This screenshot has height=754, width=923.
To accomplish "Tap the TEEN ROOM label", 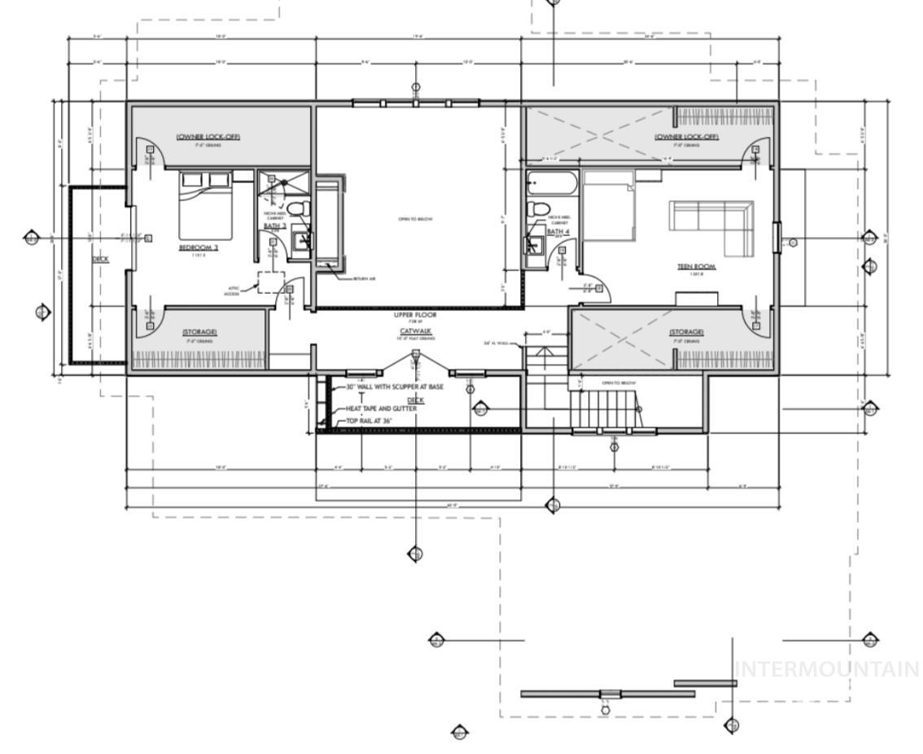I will click(x=697, y=266).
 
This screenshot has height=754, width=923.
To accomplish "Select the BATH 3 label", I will click(x=275, y=226).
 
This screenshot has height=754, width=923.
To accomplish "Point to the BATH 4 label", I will click(x=557, y=231).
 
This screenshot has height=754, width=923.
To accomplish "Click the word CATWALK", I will click(x=415, y=331).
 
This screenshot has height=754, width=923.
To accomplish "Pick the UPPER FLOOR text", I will click(x=415, y=314).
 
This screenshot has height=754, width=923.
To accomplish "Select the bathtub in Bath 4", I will click(x=551, y=183).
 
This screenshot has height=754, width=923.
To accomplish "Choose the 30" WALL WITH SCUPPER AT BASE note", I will click(x=395, y=387).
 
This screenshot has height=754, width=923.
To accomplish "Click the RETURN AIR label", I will click(x=364, y=279).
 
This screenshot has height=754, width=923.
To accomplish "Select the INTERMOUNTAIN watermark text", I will click(x=827, y=669).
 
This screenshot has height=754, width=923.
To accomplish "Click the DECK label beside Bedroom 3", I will click(x=100, y=259).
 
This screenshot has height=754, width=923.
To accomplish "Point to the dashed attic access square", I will click(x=270, y=282).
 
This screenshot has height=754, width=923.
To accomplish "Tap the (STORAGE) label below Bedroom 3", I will click(x=199, y=331).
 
